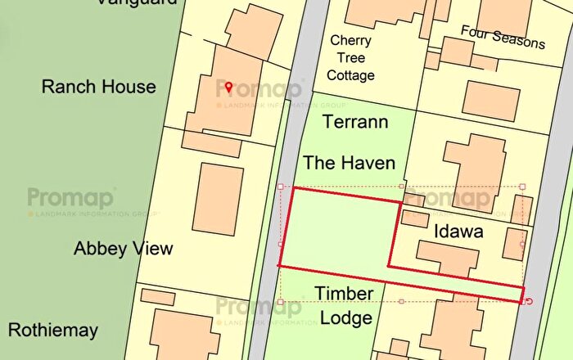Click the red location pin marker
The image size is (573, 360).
229,87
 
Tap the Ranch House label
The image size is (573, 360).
98,87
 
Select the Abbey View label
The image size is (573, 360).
123,248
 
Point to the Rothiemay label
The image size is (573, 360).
53,331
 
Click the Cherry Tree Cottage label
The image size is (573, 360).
351,57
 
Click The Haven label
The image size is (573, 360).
349,163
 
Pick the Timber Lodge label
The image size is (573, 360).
345,305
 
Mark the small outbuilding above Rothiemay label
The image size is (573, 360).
157,296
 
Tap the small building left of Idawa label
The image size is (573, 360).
415,218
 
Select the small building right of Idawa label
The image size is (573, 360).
514,244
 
